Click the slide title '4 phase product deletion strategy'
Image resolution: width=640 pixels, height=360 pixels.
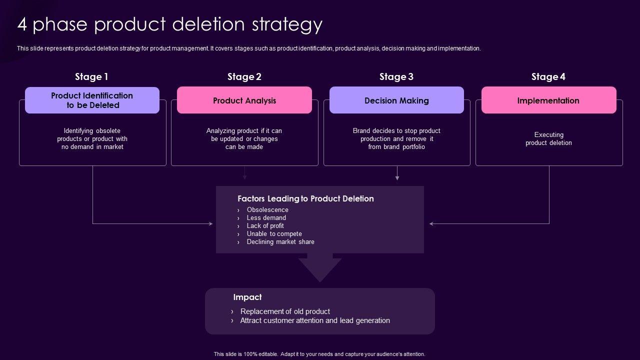pos(170,24)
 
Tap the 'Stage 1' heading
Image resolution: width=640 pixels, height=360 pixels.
pos(91,76)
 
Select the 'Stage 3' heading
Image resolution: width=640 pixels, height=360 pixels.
pos(396,76)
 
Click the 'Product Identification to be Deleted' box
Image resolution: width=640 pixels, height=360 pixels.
pos(92,100)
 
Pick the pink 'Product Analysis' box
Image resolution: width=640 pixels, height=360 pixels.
pos(244,100)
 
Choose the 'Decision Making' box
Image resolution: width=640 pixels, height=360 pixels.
pos(396,100)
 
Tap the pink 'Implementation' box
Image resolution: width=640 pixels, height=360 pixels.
pos(548,100)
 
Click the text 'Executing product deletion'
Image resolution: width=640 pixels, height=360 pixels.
pos(548,138)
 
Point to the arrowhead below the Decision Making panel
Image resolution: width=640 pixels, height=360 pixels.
pos(397,177)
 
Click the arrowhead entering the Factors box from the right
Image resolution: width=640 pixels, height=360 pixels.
pos(431,223)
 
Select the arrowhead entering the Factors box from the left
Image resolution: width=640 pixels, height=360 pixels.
pos(210,223)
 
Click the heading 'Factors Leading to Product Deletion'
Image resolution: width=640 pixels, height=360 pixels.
pos(305,198)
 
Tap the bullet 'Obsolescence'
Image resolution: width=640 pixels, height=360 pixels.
pos(267,209)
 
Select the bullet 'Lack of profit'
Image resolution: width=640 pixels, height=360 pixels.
pos(265,225)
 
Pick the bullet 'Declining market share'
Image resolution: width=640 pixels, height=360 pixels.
pos(280,241)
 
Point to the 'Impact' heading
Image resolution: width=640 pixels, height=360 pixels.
pos(247,297)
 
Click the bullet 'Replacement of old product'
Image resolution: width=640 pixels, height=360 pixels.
pos(285,311)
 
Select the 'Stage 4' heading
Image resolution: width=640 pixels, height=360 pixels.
pos(548,76)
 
